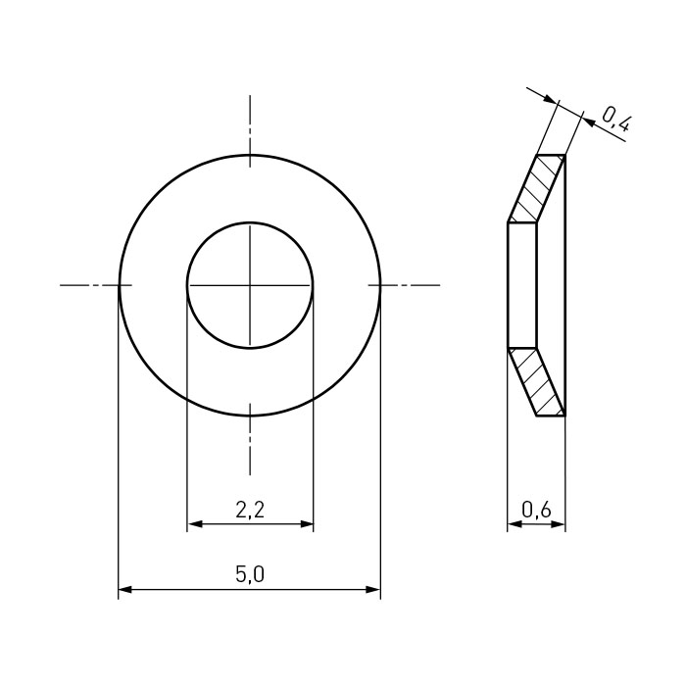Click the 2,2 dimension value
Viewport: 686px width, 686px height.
point(250,511)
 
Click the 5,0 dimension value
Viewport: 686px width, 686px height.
point(250,574)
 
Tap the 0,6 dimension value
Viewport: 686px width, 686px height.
point(536,510)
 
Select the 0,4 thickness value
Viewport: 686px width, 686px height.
point(616,119)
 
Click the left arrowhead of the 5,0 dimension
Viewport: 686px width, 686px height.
point(125,590)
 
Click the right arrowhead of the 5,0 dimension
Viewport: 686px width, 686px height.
point(373,590)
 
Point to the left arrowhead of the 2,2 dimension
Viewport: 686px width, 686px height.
point(194,523)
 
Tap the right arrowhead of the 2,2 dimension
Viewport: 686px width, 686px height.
point(306,523)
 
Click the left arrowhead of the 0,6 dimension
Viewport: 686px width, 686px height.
point(514,524)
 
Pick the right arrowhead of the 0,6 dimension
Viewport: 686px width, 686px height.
point(559,524)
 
